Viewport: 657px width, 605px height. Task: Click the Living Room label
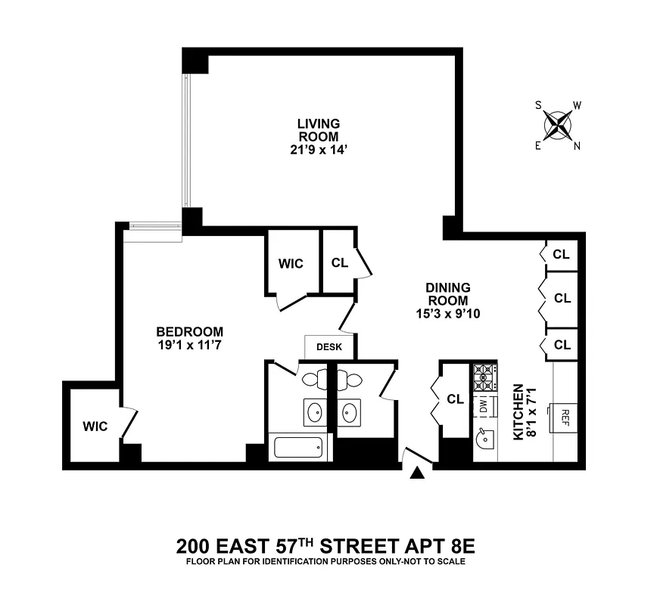pyautogui.click(x=318, y=129)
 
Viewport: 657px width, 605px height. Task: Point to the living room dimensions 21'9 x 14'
pyautogui.click(x=318, y=149)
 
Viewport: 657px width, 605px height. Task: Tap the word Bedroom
pyautogui.click(x=189, y=331)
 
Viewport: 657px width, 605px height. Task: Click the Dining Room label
pyautogui.click(x=448, y=294)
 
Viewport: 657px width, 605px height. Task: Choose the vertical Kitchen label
pyautogui.click(x=518, y=411)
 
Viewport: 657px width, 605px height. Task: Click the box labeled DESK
pyautogui.click(x=329, y=347)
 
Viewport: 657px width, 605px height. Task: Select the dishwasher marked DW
pyautogui.click(x=483, y=407)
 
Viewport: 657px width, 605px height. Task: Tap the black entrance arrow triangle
pyautogui.click(x=416, y=473)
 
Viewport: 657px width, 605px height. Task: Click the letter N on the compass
pyautogui.click(x=577, y=147)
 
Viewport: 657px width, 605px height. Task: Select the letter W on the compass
pyautogui.click(x=577, y=105)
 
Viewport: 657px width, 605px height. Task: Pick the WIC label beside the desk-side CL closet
pyautogui.click(x=291, y=263)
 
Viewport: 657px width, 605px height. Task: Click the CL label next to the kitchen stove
pyautogui.click(x=455, y=399)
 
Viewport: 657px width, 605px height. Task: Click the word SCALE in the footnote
pyautogui.click(x=452, y=562)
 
